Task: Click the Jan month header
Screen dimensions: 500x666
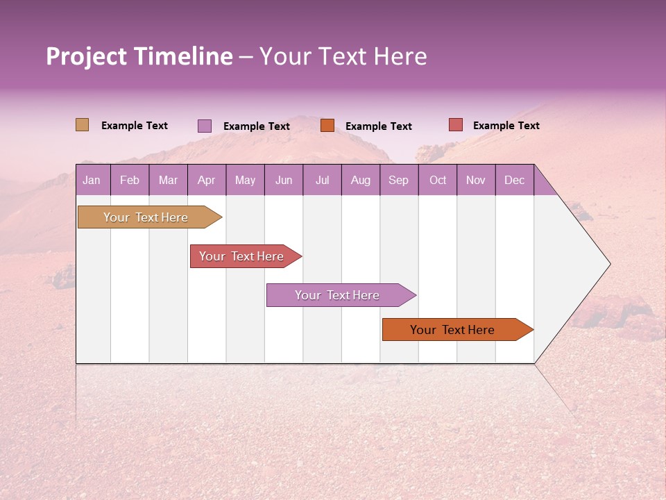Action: click(x=92, y=180)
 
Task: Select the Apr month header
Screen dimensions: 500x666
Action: click(x=207, y=180)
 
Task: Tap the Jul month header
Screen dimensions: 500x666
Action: click(x=322, y=180)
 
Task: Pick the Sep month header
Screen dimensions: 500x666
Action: click(x=399, y=180)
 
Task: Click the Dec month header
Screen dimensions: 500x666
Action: click(x=514, y=180)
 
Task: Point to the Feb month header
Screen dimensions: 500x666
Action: click(x=130, y=180)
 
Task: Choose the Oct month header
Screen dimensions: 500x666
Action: click(x=438, y=180)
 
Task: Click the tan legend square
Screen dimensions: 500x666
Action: click(x=83, y=125)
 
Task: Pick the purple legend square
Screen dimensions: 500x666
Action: click(x=205, y=126)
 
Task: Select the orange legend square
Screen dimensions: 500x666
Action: click(x=327, y=126)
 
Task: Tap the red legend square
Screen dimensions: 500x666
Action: click(x=456, y=125)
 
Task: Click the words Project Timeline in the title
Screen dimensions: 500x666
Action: click(x=139, y=56)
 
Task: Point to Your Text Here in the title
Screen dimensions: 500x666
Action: click(x=343, y=56)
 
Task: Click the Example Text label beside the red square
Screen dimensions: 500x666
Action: click(x=506, y=126)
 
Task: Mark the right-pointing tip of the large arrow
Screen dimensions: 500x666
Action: click(x=608, y=264)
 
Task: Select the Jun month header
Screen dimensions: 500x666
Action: click(x=284, y=180)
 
